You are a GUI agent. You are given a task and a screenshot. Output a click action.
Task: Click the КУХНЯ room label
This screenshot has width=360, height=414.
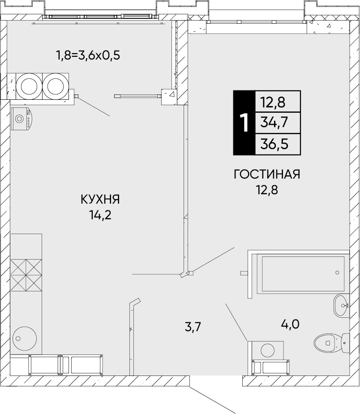100,199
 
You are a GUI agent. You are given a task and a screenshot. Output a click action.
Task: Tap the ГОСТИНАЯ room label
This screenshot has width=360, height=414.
267,174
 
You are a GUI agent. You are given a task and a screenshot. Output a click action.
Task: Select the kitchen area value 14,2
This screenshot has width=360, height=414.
100,215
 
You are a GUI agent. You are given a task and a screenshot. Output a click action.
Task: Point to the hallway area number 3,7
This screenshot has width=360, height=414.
193,327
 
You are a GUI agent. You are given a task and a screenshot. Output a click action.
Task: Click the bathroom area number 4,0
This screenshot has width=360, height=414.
290,323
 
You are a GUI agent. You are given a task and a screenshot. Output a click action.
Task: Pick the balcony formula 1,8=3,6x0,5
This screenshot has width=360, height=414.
88,56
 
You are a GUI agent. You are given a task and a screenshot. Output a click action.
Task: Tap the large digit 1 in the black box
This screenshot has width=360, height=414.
244,123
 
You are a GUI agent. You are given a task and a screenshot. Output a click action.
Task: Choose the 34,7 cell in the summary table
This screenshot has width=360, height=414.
278,122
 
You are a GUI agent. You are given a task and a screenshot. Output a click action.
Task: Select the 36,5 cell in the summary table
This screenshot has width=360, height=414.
278,144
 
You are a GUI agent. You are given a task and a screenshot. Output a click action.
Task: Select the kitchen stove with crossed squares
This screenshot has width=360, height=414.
26,274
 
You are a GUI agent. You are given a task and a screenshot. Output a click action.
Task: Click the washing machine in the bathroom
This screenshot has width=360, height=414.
268,350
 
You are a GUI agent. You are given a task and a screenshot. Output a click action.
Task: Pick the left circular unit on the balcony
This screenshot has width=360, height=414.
29,85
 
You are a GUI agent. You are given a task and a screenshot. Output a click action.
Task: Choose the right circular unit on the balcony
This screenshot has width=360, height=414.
56,85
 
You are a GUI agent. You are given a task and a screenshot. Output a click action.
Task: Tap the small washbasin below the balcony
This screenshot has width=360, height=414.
21,119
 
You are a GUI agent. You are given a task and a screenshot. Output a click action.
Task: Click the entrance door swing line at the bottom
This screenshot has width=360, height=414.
213,400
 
